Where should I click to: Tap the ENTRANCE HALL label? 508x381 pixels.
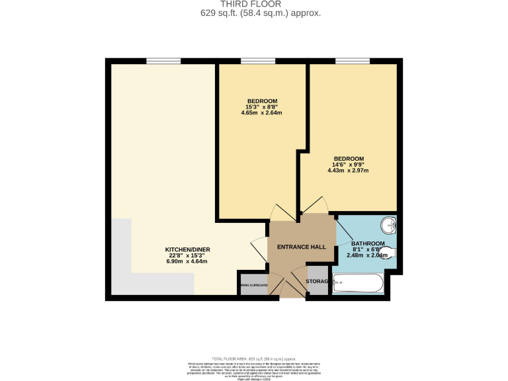coord(302,247)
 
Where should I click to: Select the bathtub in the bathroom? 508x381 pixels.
coord(357,284)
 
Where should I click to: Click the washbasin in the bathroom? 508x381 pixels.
coord(390,226)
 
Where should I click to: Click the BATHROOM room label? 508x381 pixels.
coord(368,243)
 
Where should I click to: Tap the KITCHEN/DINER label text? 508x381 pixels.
coord(187,249)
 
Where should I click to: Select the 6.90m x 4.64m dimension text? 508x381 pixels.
coord(187,261)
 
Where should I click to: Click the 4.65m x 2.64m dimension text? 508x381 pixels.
coord(262,112)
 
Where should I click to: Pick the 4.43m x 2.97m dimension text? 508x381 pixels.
coord(348,171)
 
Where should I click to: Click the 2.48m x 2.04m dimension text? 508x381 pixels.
coord(368,255)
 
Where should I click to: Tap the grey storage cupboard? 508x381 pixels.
coord(317,281)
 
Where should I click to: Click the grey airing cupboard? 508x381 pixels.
coord(254,285)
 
